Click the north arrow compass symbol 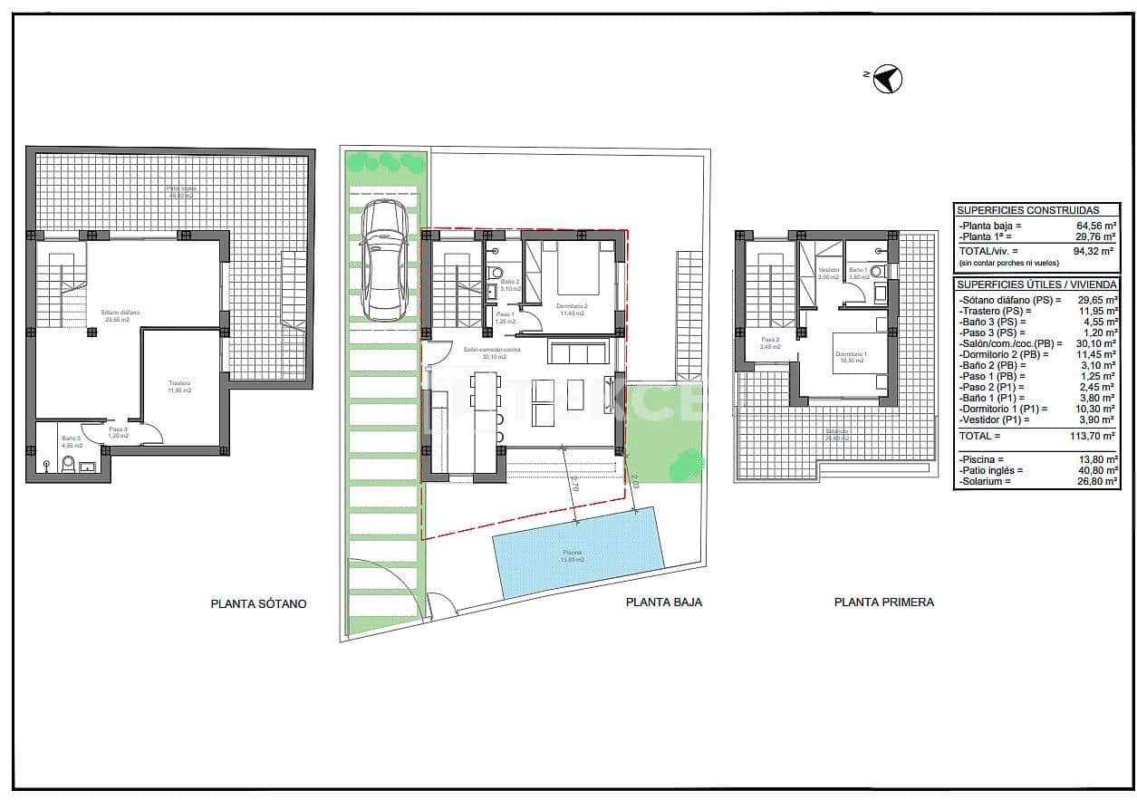click(x=888, y=80)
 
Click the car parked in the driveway click(x=385, y=260)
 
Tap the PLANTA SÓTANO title click(x=258, y=603)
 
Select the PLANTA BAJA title click(x=663, y=602)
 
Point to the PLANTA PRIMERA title click(x=883, y=602)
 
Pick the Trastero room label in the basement click(x=179, y=387)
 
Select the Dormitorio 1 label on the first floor click(x=849, y=356)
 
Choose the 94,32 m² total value click(x=1094, y=251)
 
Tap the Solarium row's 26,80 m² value click(x=1094, y=481)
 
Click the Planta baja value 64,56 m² click(x=1094, y=226)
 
